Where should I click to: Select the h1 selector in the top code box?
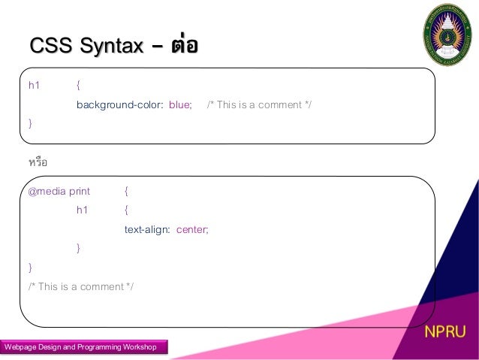(34, 86)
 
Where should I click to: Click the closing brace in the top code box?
(30, 123)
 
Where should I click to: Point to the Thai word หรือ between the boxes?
(38, 162)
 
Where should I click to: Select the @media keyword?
(47, 191)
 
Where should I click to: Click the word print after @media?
(80, 191)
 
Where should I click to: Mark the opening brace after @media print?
(126, 191)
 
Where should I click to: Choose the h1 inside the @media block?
(82, 210)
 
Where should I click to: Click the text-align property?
(147, 229)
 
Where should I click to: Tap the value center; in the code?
(192, 229)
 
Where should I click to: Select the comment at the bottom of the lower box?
(80, 286)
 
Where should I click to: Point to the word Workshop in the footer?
(136, 347)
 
